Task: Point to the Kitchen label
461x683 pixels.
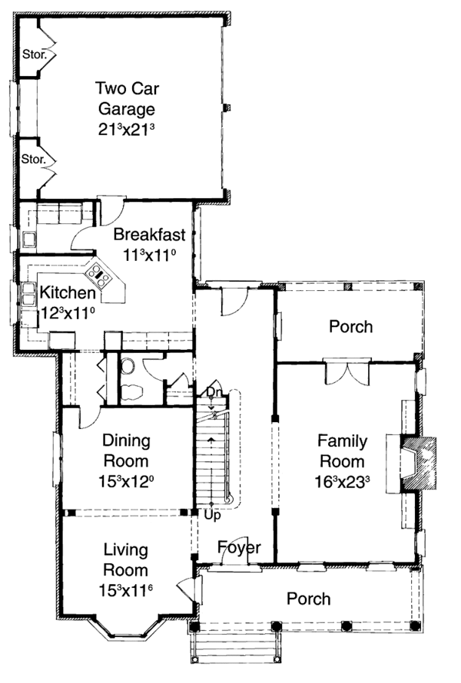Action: click(x=68, y=292)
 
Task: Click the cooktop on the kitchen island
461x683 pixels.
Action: click(x=99, y=272)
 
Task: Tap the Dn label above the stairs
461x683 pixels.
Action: click(x=214, y=393)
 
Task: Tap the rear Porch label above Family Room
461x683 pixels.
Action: click(x=350, y=327)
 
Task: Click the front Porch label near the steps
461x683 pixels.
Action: click(x=309, y=599)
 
